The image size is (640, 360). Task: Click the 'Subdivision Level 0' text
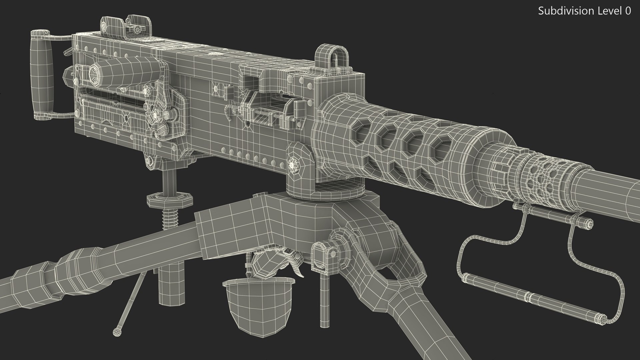[x=584, y=11]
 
